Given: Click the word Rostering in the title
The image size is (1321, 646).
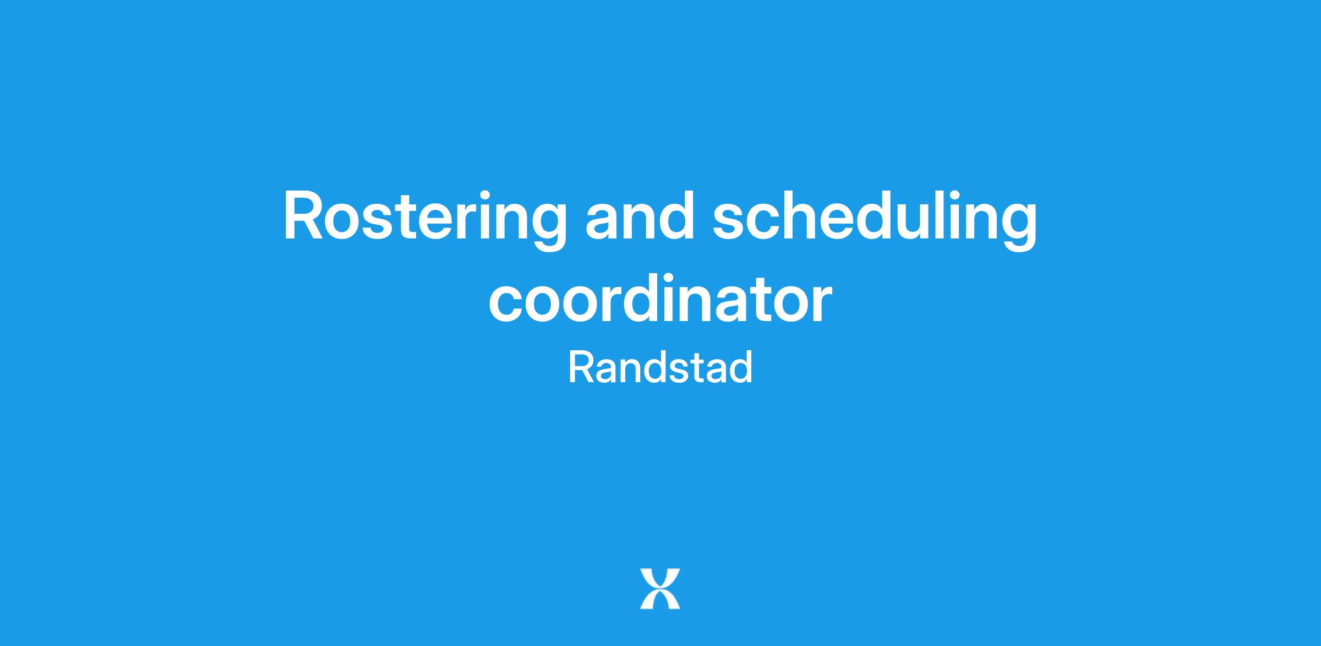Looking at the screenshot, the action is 425,220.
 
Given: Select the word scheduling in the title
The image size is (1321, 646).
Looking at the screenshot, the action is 875,220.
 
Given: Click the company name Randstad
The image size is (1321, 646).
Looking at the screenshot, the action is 660,367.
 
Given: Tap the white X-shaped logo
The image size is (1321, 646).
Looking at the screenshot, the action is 660,589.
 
